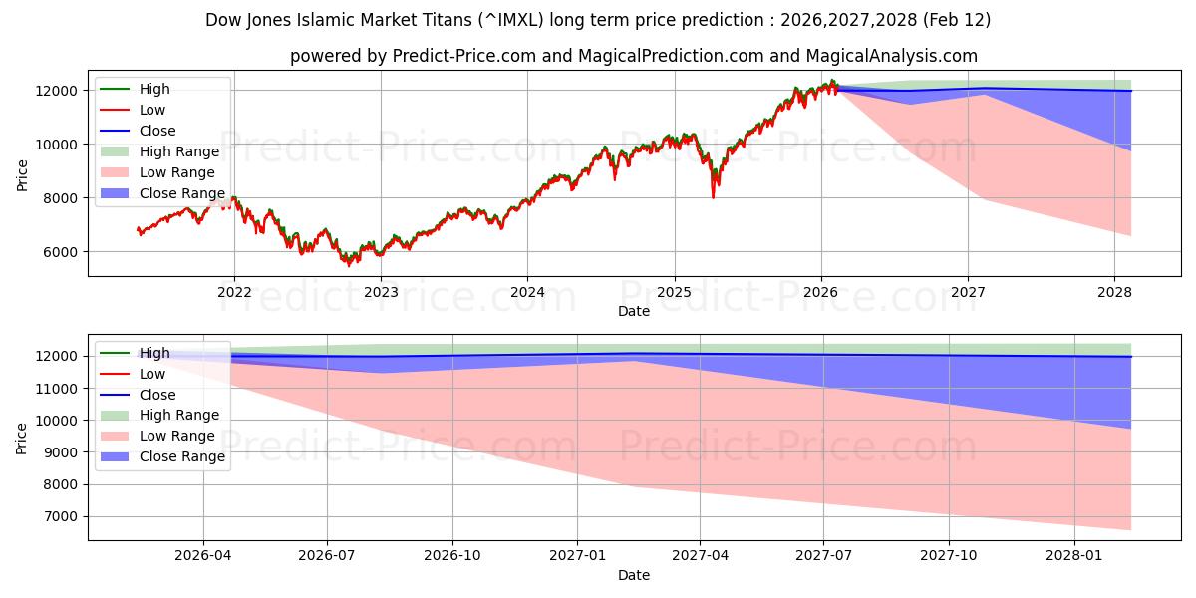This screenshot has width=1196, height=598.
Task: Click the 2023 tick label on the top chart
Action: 381,292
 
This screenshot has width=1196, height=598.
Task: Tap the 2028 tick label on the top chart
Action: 1114,292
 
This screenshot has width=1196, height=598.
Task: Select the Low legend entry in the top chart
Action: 152,110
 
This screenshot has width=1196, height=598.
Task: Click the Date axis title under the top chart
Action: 634,311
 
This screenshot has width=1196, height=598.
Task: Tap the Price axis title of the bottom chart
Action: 22,437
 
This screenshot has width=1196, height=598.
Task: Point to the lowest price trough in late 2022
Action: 348,264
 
